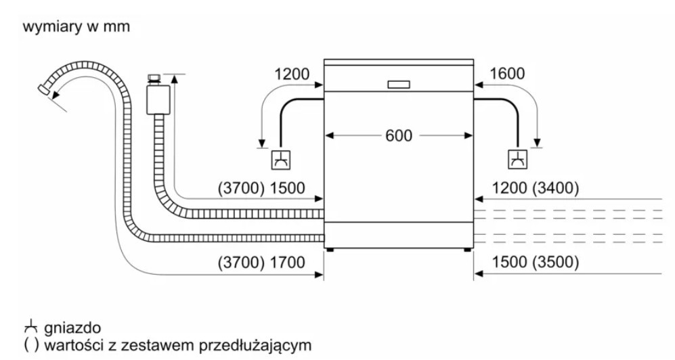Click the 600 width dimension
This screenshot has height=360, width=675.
coord(399,135)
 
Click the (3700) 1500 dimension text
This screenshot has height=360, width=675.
coord(261,189)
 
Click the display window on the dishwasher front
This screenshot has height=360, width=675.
coord(398,85)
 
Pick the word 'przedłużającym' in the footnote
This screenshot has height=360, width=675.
coord(260,346)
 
